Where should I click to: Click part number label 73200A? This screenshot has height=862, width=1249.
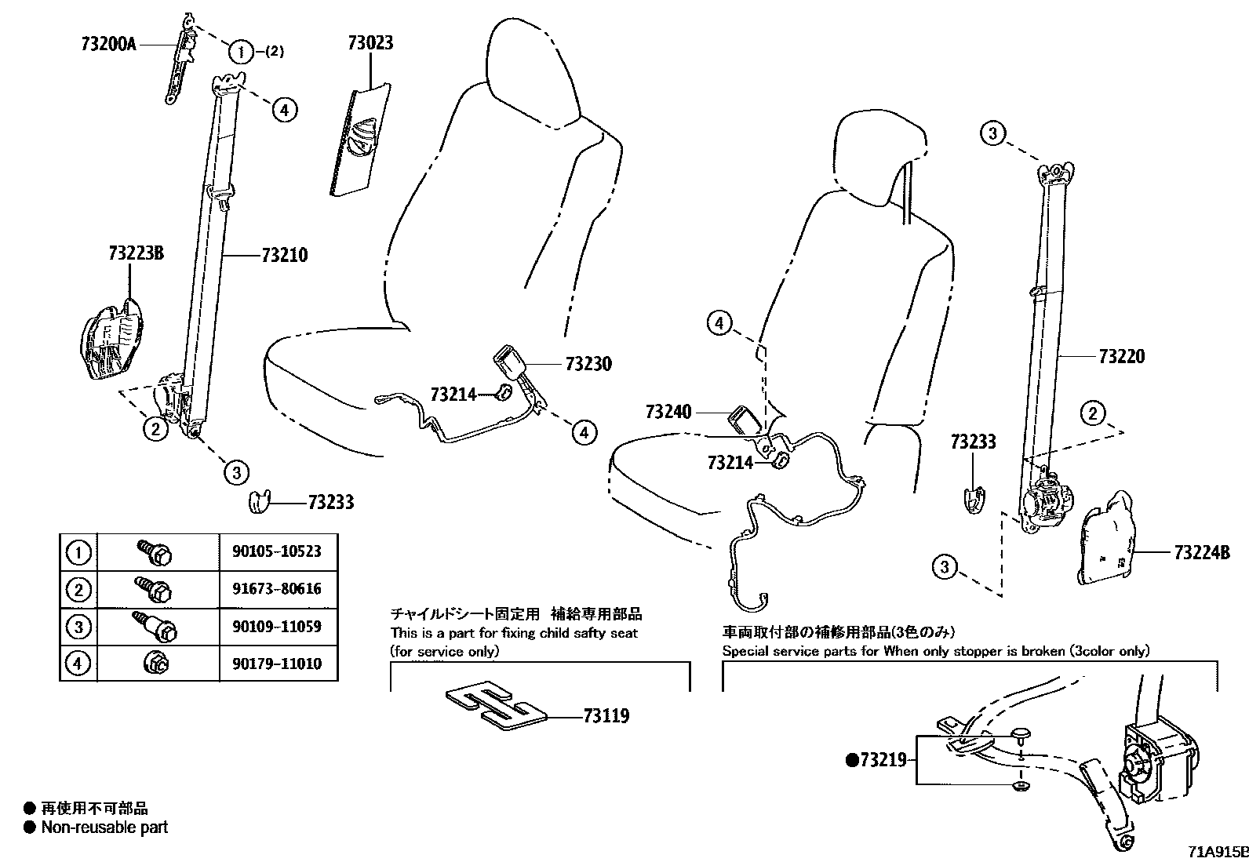coord(108,45)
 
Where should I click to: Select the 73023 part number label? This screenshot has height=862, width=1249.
coord(370,43)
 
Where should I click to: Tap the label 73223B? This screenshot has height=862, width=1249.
coord(136,253)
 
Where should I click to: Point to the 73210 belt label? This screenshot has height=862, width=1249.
coord(284,255)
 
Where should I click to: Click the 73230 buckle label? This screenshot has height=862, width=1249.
coord(588,364)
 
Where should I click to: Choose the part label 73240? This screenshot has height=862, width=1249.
coord(668,412)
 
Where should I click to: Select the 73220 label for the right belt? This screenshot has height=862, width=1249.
coord(1121,357)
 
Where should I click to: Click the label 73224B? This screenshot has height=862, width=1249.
coord(1201,552)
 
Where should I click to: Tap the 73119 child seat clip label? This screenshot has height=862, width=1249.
coord(606,716)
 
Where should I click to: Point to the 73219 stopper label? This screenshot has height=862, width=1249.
coord(882,759)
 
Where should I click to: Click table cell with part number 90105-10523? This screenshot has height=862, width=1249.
coord(276,551)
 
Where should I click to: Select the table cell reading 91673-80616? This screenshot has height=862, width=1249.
coord(276,589)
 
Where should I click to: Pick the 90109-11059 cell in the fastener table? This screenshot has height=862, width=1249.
coord(276,627)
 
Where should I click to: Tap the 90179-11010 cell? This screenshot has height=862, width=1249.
coord(276,664)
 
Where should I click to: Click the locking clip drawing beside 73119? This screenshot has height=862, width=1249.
coord(496,704)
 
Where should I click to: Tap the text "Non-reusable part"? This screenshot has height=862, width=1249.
coord(104,827)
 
